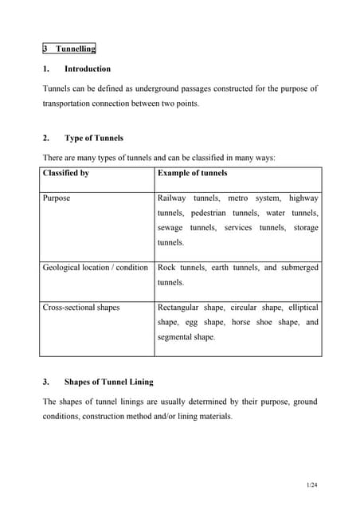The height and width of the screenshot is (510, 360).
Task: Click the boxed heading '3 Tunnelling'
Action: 68,49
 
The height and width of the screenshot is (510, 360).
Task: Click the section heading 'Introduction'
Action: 88,69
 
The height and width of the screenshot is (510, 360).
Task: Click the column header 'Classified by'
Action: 66,173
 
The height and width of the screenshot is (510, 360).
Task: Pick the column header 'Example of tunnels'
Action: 192,173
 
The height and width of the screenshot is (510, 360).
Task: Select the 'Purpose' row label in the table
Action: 57,198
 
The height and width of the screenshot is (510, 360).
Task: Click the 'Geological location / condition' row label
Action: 96,267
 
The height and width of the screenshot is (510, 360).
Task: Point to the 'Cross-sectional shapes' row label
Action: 81,307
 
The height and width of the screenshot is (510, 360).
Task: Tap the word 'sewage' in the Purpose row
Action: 171,228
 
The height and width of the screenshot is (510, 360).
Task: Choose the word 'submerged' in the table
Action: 300,267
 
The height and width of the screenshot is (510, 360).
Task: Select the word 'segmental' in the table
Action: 175,337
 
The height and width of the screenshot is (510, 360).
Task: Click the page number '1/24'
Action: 312,485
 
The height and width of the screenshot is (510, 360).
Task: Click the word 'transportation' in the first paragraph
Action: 69,104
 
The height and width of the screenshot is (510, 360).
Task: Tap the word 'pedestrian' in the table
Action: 209,213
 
